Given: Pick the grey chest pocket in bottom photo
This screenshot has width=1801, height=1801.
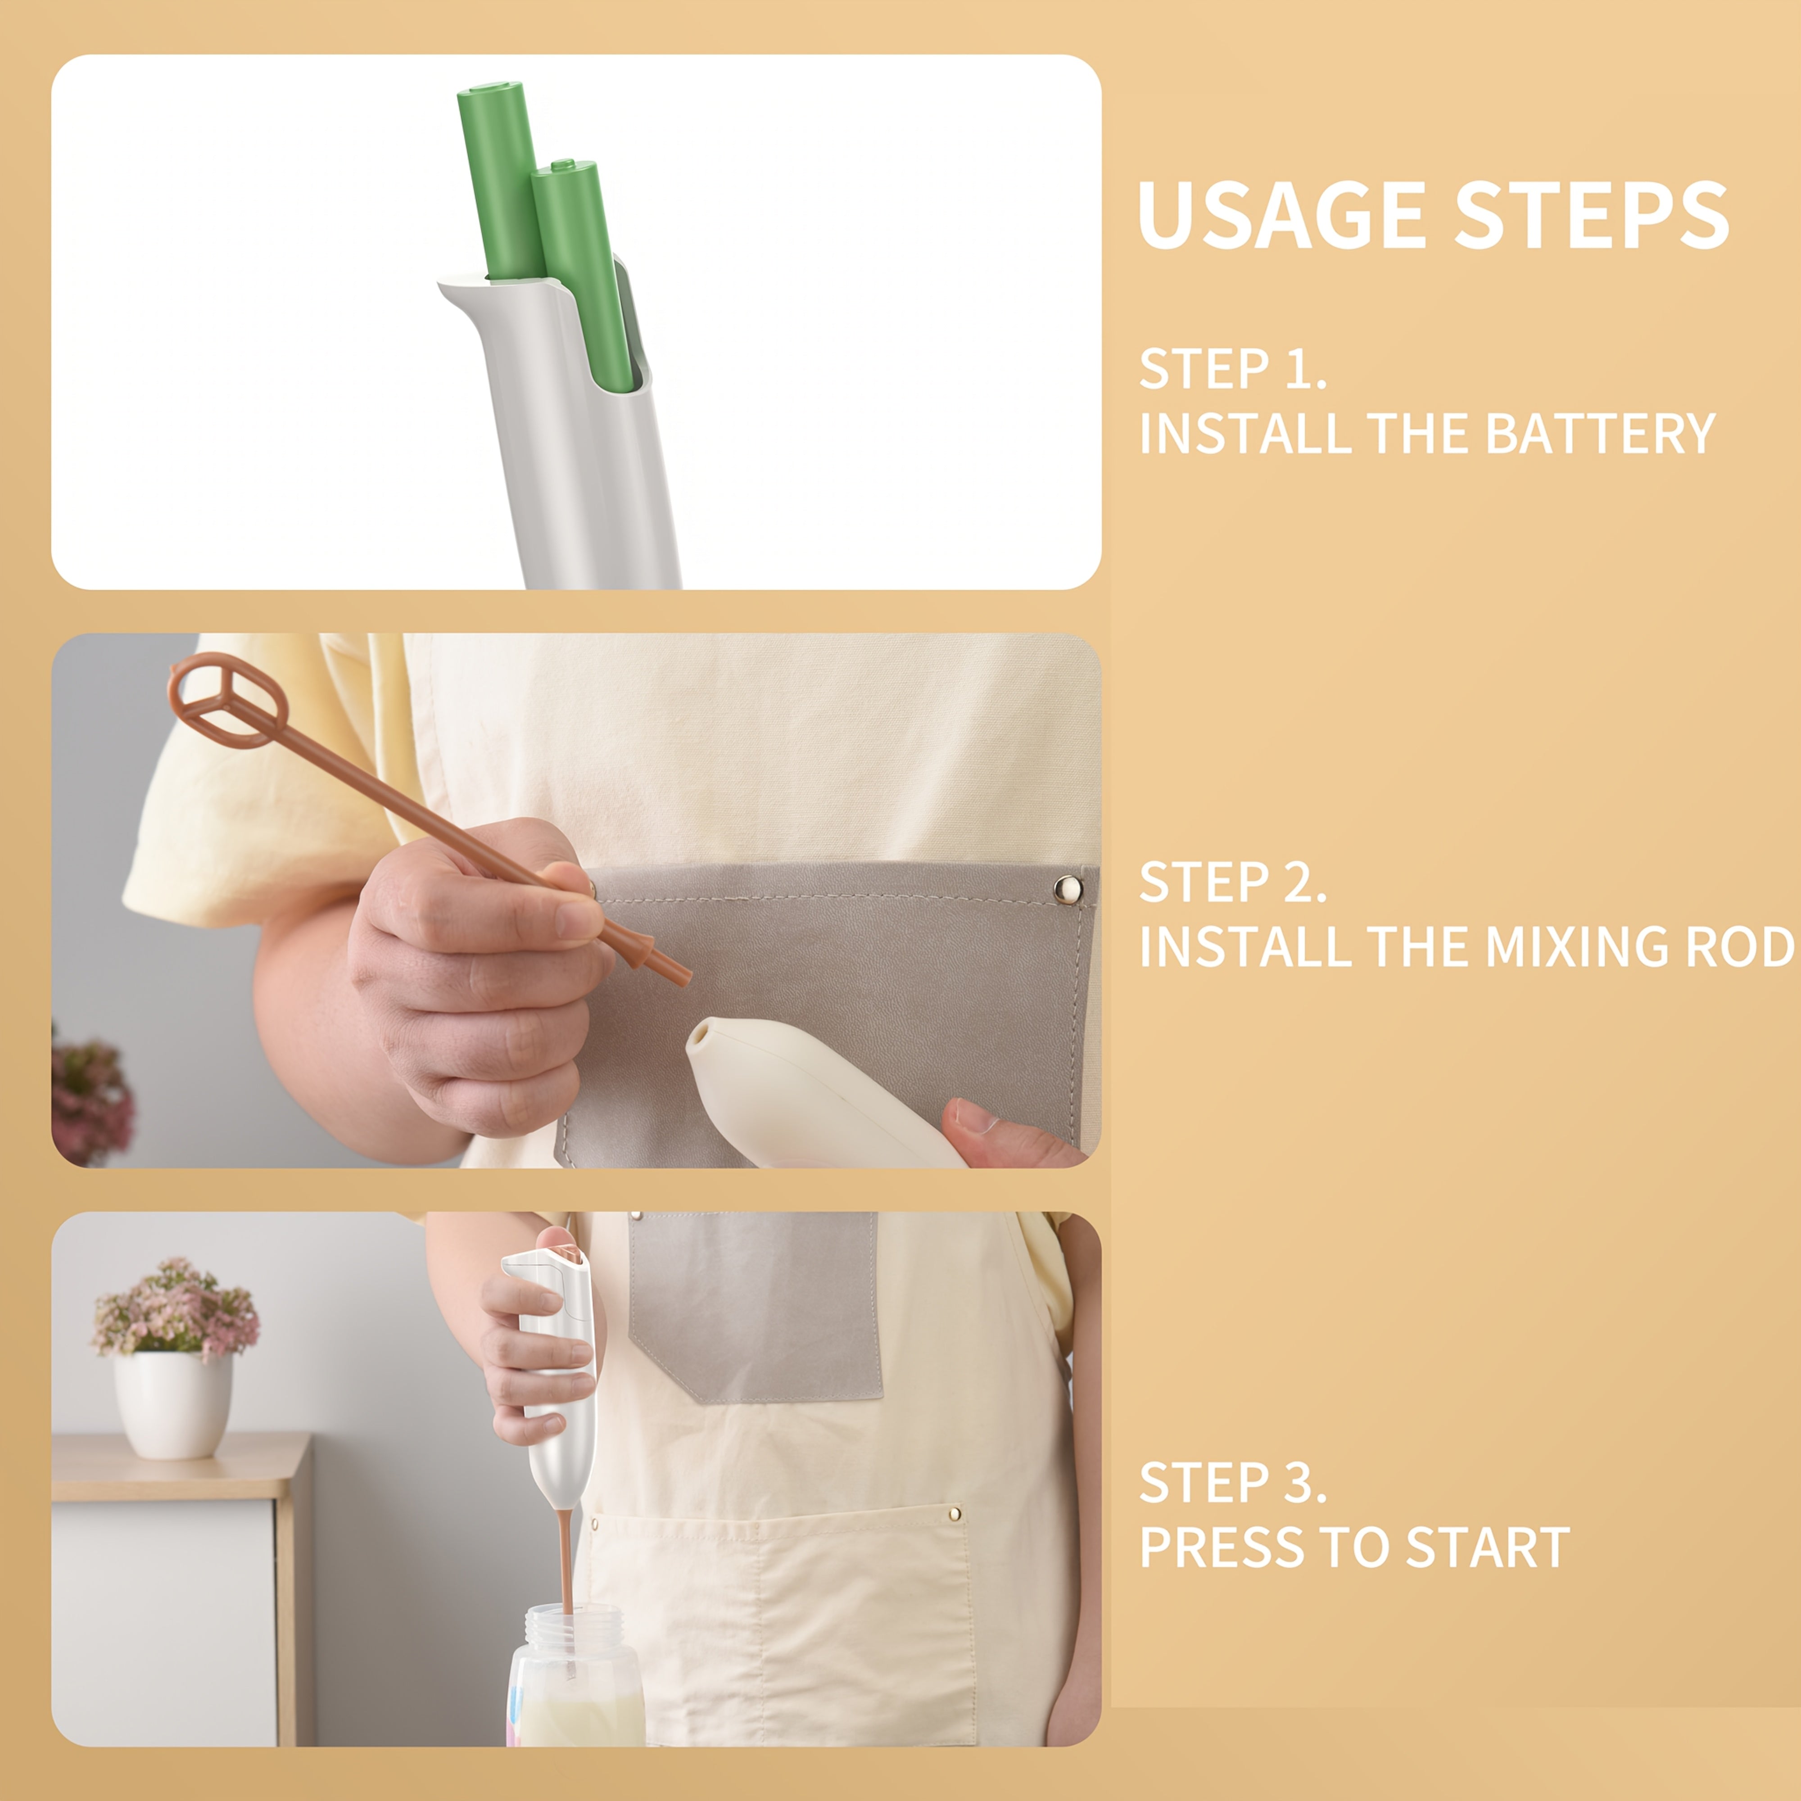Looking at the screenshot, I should pyautogui.click(x=755, y=1305).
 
